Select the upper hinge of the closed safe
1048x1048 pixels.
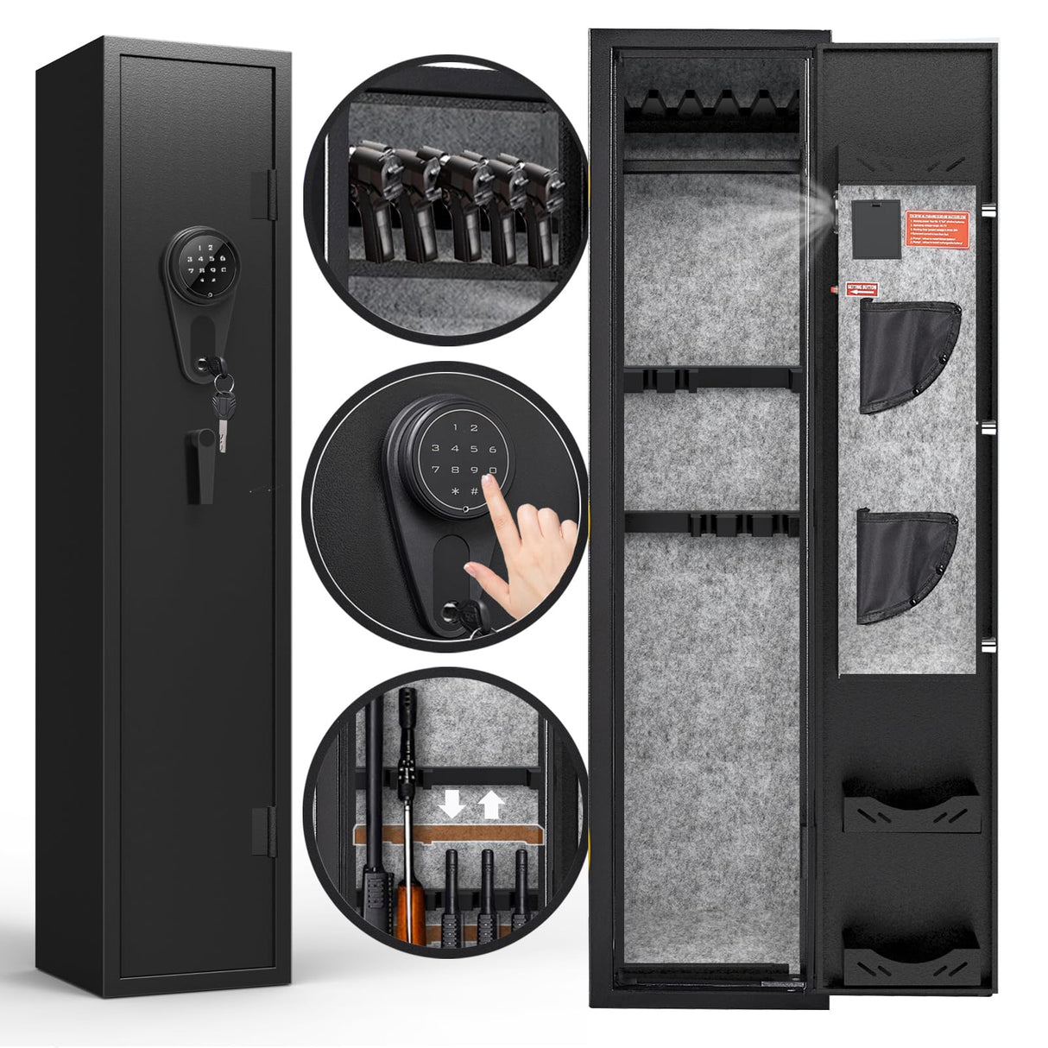[x=267, y=193]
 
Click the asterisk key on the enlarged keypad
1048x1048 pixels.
[x=455, y=491]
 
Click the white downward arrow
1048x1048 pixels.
[x=451, y=804]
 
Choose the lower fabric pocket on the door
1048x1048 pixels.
[x=906, y=565]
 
